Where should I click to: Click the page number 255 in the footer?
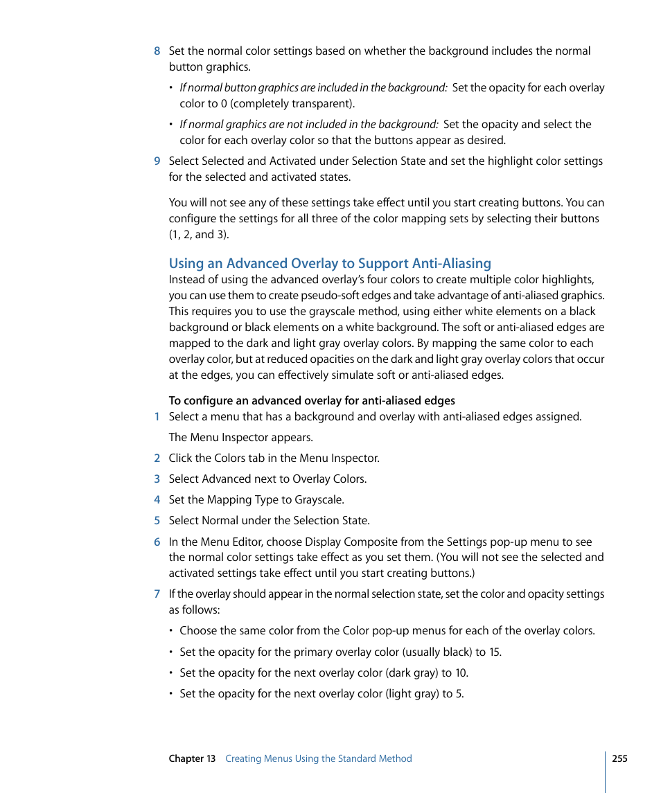click(x=619, y=758)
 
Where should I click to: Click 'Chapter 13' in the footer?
click(x=192, y=758)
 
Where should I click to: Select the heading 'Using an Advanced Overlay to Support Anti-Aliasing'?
click(x=330, y=263)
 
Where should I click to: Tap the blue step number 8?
click(x=157, y=51)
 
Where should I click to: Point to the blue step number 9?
click(x=157, y=161)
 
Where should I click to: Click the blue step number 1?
click(x=157, y=416)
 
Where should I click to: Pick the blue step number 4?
click(x=157, y=499)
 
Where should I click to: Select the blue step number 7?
click(x=157, y=594)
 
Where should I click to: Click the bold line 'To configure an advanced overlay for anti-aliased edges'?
click(x=312, y=400)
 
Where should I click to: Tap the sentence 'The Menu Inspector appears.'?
click(x=241, y=437)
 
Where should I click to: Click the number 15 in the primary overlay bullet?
click(x=494, y=652)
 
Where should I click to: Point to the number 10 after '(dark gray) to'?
click(x=461, y=672)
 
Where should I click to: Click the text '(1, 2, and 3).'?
click(x=199, y=234)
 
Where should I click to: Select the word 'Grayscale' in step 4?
click(x=319, y=499)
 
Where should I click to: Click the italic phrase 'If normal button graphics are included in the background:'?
click(x=313, y=87)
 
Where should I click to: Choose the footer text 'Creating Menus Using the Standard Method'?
click(x=319, y=758)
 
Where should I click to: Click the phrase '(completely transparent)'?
click(x=291, y=103)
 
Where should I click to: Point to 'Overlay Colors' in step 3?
click(x=328, y=479)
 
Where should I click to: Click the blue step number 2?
click(x=157, y=458)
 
